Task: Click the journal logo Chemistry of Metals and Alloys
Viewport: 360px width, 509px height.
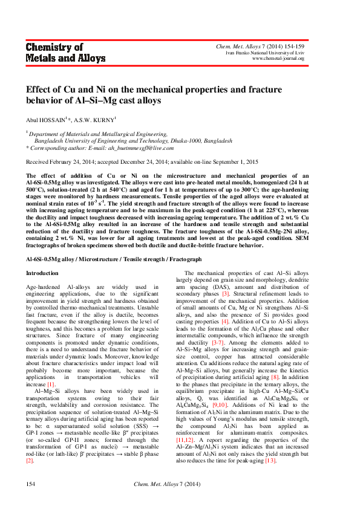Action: [x=65, y=53]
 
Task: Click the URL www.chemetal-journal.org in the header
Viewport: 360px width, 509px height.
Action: [x=278, y=59]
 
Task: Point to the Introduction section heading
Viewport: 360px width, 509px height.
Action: [x=42, y=273]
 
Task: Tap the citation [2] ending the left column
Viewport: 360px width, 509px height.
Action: [x=29, y=461]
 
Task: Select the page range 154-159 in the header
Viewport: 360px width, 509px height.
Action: [x=293, y=47]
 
